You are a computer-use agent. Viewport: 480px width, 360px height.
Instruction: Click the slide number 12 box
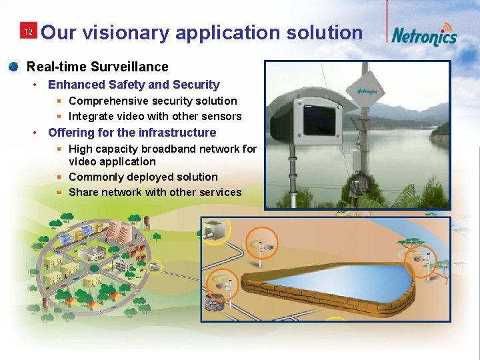coord(28,32)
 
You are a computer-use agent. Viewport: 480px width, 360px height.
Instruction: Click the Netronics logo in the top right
coord(424,35)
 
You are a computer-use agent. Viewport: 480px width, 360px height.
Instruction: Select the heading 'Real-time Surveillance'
coord(97,67)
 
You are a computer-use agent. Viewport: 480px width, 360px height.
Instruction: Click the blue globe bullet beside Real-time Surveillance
coord(13,67)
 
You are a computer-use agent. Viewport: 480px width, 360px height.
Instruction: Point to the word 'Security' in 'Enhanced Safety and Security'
coord(196,85)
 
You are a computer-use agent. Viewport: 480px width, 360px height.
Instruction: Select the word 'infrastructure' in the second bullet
coord(177,132)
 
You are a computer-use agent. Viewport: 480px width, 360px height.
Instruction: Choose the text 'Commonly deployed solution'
coord(143,177)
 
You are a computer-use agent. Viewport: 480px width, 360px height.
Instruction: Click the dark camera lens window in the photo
coord(318,117)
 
